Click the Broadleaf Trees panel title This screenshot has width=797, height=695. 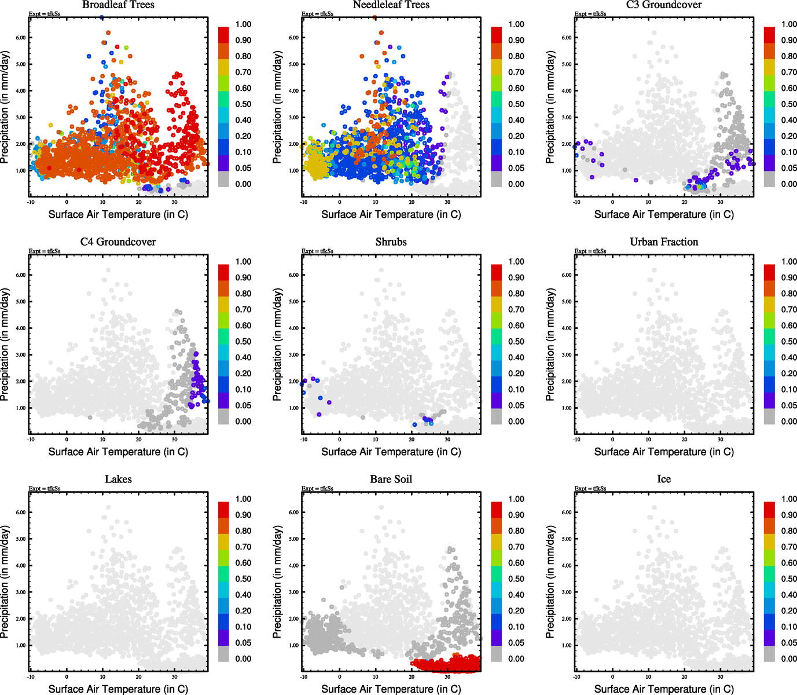(118, 5)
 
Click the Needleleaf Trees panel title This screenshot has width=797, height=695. (391, 5)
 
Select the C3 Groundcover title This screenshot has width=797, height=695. (664, 5)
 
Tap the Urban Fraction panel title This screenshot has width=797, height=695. (664, 242)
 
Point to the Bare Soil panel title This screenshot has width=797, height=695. (391, 480)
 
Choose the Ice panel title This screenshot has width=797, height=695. (664, 480)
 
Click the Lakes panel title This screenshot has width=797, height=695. (118, 480)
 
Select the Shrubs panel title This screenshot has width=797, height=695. (391, 242)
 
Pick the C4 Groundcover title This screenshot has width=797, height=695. (118, 242)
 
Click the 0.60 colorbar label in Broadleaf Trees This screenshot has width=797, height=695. (243, 88)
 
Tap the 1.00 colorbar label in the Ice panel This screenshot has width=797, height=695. (789, 499)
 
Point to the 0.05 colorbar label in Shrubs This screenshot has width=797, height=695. (516, 405)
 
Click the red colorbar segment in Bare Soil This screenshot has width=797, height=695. (497, 510)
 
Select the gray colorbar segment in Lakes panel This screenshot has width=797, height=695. (223, 654)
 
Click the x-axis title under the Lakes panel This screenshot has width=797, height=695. (118, 689)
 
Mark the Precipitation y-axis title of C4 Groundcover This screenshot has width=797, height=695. (5, 345)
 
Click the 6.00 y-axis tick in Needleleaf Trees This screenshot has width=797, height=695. (293, 38)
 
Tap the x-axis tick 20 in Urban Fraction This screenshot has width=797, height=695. (685, 440)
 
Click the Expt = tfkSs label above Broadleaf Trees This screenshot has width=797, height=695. (45, 14)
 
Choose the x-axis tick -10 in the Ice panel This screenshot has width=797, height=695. (576, 677)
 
